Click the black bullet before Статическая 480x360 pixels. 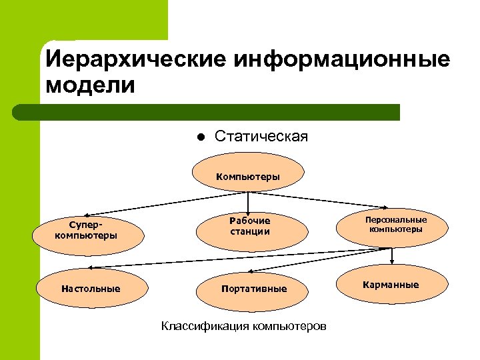199,138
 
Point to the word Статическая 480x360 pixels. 261,137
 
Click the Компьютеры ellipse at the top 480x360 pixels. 248,177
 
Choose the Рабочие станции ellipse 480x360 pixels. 252,226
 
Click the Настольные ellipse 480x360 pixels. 91,289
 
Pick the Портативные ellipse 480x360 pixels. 254,289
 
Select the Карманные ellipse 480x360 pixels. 391,285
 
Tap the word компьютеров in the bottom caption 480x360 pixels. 287,327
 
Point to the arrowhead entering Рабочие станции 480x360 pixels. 249,211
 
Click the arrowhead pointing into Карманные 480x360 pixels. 392,262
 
